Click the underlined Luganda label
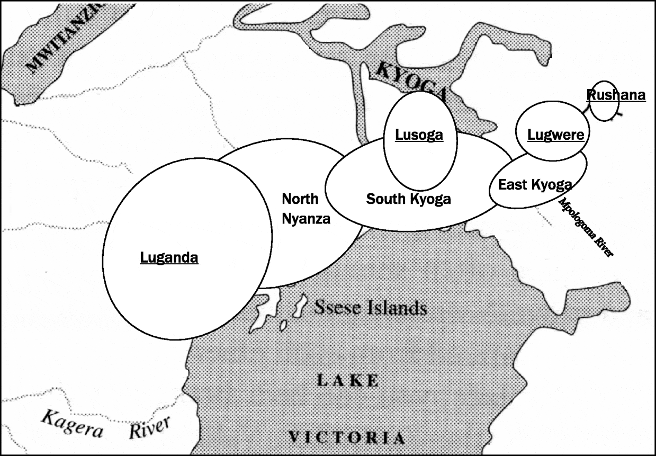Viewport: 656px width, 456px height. (x=169, y=258)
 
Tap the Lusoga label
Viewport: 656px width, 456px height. (x=419, y=135)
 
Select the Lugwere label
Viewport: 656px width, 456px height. (x=556, y=135)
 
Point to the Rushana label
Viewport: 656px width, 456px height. (x=616, y=95)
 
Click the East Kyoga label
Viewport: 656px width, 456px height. (x=535, y=184)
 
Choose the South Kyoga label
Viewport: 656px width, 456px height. (x=409, y=199)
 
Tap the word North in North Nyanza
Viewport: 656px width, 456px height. (x=300, y=199)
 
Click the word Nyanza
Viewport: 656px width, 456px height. (x=306, y=218)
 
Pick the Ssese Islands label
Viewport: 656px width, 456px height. (x=371, y=307)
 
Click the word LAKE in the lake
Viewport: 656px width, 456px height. (x=347, y=380)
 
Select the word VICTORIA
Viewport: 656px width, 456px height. (x=347, y=437)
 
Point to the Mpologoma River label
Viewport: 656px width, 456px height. (x=587, y=228)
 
